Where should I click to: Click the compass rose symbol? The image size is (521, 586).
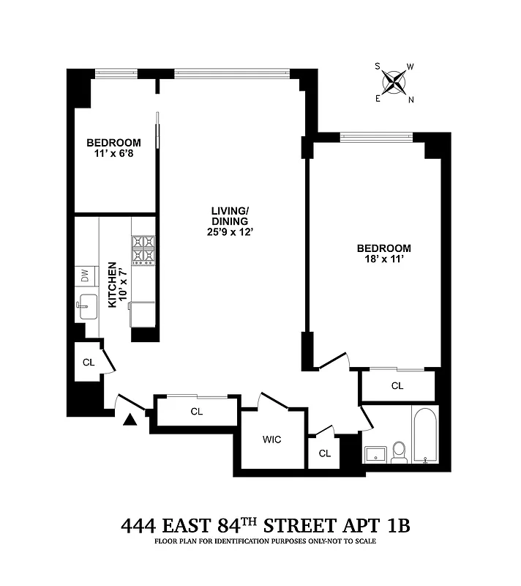[x=395, y=82]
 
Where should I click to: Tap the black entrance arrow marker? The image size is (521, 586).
[x=130, y=420]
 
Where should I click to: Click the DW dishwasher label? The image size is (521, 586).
[x=85, y=276]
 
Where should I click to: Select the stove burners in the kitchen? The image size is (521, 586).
[x=143, y=250]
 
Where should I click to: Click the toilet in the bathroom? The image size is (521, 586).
[x=400, y=452]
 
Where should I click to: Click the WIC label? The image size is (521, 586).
[x=272, y=440]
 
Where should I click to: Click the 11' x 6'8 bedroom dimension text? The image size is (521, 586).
[x=113, y=155]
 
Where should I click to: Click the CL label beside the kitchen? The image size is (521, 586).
[x=88, y=362]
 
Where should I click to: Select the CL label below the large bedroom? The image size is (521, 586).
[x=397, y=386]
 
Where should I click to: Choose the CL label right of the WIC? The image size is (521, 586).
[x=325, y=453]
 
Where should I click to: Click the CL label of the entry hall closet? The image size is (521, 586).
[x=196, y=412]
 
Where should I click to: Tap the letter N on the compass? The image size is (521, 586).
[x=411, y=100]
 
